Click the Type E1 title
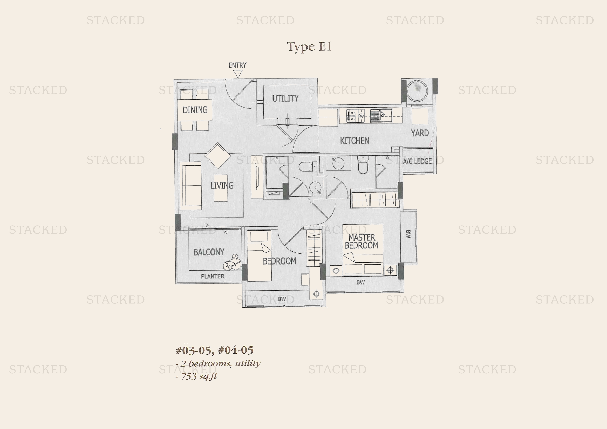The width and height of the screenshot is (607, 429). pos(309,47)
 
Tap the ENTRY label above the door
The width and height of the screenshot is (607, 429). pos(237,65)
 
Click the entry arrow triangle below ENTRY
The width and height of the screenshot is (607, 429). pos(238,74)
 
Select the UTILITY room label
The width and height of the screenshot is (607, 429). pos(285,99)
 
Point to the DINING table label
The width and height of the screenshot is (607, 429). pos(195,110)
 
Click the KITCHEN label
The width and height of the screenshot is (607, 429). pos(354,141)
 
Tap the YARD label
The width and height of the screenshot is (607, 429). pos(420,133)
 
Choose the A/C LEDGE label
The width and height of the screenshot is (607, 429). pos(417,161)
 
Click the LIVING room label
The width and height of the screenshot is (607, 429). pos(222,185)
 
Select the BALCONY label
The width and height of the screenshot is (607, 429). pos(209,252)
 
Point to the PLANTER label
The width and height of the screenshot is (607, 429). pos(213,276)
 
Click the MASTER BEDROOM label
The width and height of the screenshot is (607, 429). pos(362,241)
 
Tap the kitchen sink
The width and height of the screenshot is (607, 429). pos(381,115)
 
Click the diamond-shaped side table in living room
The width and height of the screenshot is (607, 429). pos(218,156)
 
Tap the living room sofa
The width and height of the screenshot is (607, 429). pos(191,186)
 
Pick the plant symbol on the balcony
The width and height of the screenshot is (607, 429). pos(232,262)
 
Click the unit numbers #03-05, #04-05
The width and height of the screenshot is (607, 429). pos(214,350)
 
